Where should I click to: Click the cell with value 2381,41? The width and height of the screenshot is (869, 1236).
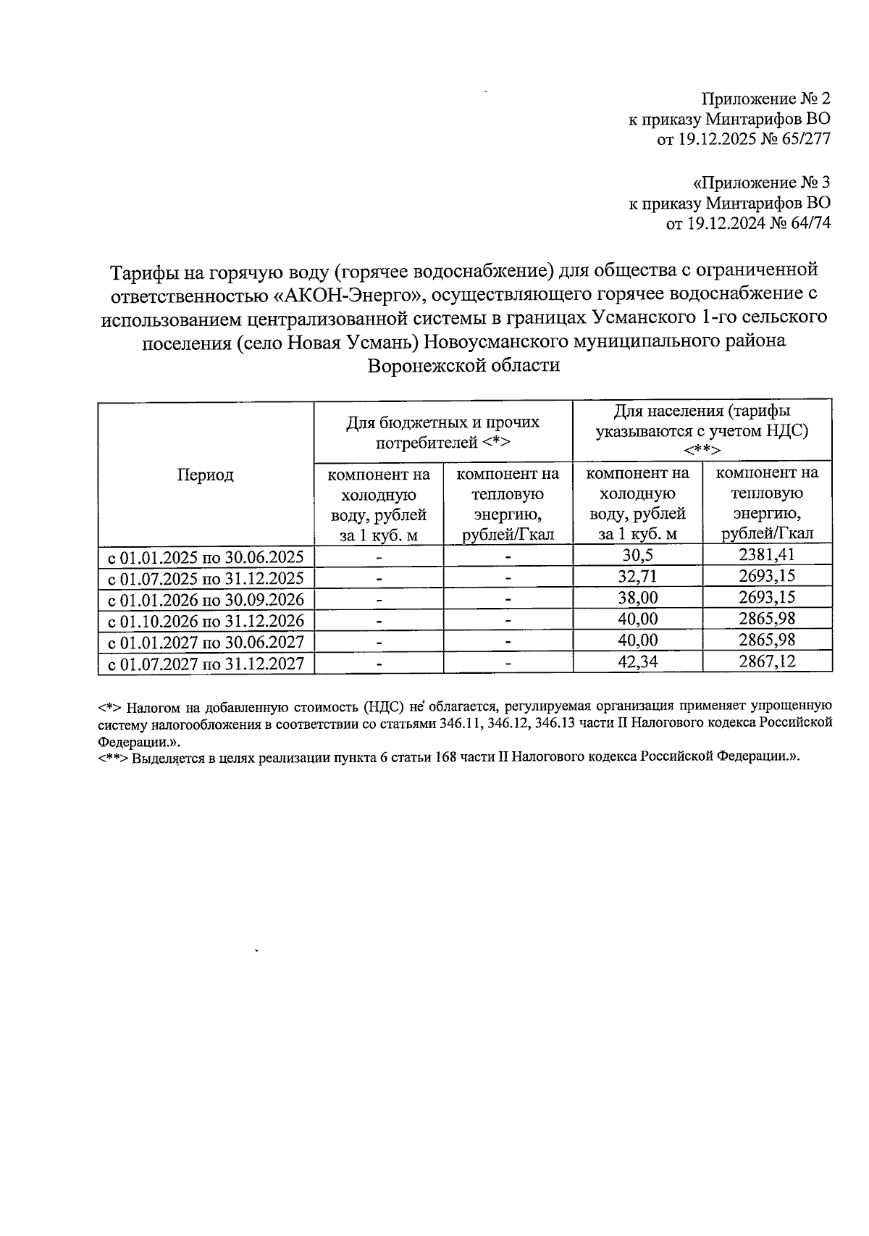767,556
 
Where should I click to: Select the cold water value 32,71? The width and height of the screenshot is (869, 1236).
637,577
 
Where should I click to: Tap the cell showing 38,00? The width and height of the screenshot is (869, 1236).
637,598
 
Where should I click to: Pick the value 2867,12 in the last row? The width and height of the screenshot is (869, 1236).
767,662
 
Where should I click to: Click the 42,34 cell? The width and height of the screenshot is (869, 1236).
637,662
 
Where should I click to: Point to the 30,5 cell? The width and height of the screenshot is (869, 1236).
637,556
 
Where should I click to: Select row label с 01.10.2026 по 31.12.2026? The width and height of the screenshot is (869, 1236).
206,620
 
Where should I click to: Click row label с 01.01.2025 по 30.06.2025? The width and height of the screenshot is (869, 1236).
206,556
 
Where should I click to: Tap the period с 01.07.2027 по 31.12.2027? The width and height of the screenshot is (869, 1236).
206,663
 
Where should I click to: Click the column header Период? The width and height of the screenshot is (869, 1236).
205,475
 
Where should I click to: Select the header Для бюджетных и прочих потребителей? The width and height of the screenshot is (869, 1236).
442,432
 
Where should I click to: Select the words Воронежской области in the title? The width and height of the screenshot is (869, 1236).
463,365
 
